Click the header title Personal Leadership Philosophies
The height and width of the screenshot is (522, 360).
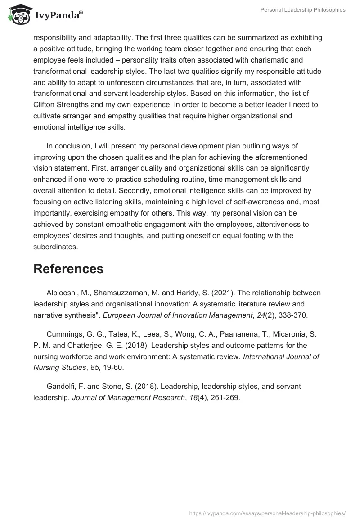(x=303, y=10)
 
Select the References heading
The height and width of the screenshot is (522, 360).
(x=68, y=269)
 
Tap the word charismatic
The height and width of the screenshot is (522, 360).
(x=280, y=60)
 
